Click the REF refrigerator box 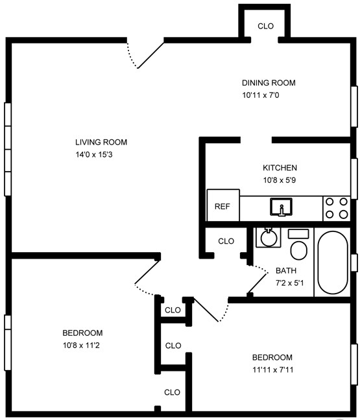click(223, 205)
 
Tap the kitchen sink click(282, 207)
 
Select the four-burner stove click(337, 209)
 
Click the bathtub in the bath click(333, 262)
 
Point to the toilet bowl click(298, 250)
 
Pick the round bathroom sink click(269, 238)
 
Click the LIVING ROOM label click(101, 142)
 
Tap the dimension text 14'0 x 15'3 click(94, 154)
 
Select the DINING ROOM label click(269, 83)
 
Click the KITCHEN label click(280, 168)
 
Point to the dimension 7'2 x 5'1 click(289, 283)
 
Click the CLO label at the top click(266, 26)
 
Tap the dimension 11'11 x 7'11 click(272, 369)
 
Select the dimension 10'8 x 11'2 click(81, 345)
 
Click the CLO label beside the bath click(226, 241)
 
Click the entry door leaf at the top click(150, 55)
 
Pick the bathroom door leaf click(258, 283)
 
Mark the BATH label click(286, 270)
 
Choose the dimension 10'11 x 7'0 click(261, 95)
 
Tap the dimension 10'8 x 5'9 click(280, 180)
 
